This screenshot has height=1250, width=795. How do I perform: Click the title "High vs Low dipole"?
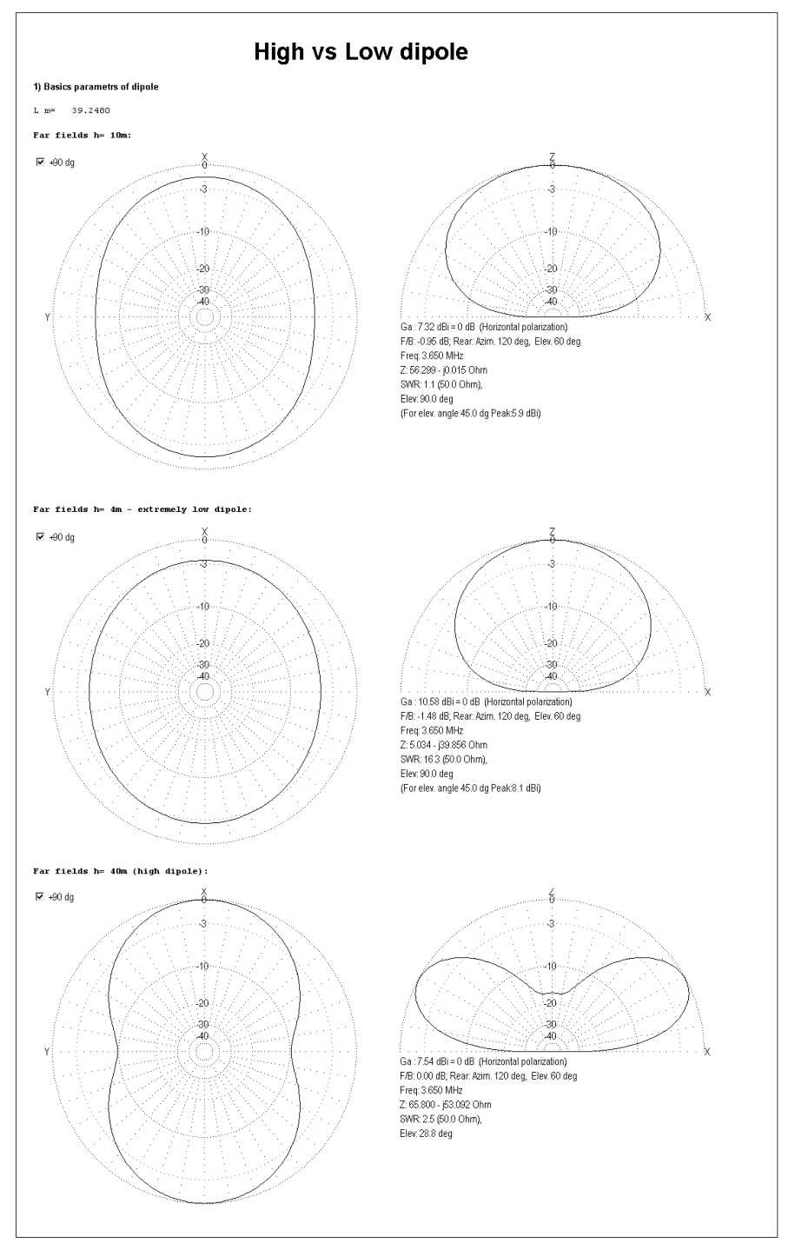pyautogui.click(x=361, y=52)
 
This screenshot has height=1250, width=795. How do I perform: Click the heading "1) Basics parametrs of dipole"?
pyautogui.click(x=96, y=87)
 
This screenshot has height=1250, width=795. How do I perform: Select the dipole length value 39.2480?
pyautogui.click(x=90, y=110)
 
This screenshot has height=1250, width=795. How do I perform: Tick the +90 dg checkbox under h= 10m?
pyautogui.click(x=40, y=163)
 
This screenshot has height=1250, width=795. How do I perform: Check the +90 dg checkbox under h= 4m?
pyautogui.click(x=40, y=537)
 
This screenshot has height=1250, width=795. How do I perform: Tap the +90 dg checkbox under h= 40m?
pyautogui.click(x=40, y=896)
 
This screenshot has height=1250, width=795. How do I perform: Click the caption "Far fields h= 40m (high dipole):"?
pyautogui.click(x=120, y=870)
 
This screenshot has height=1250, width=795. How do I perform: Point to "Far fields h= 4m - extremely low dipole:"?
pyautogui.click(x=142, y=509)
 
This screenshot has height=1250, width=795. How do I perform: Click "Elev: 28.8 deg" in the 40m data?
pyautogui.click(x=426, y=1134)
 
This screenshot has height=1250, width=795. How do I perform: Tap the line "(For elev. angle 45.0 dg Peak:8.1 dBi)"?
pyautogui.click(x=470, y=788)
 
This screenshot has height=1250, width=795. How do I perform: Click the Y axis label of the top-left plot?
pyautogui.click(x=47, y=318)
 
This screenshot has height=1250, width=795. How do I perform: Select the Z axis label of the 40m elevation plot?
pyautogui.click(x=552, y=892)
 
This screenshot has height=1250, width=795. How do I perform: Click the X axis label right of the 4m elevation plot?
pyautogui.click(x=708, y=693)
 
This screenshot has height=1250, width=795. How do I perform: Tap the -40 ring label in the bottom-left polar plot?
pyautogui.click(x=203, y=1036)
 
